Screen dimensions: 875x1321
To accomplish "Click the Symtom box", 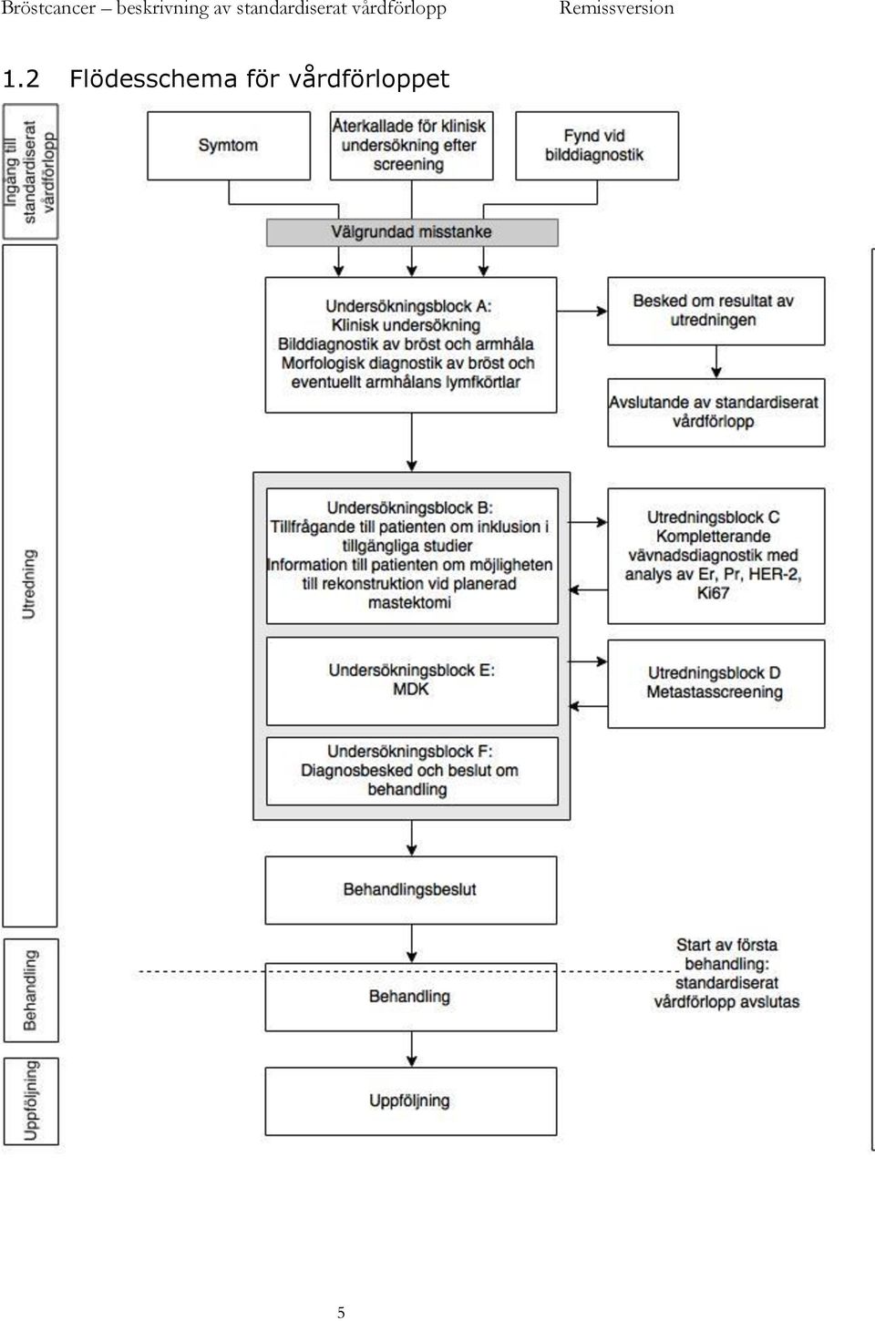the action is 229,146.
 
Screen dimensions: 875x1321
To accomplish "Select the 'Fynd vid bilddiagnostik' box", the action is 597,146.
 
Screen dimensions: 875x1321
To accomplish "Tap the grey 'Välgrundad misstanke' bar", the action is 412,232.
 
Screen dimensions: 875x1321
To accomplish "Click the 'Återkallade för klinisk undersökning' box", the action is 411,146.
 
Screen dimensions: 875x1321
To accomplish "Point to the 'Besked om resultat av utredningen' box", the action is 716,311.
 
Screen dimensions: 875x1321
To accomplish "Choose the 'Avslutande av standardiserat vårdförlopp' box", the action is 716,412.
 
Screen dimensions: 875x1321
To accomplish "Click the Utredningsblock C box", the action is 716,556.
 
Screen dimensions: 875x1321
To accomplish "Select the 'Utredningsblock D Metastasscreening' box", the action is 716,683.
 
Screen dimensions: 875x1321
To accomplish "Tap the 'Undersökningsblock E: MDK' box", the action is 412,681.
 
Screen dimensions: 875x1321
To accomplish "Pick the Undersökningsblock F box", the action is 412,771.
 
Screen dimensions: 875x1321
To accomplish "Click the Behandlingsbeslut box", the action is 411,890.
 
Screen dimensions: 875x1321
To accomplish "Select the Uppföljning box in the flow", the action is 411,1101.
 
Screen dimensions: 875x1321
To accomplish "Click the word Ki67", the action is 713,593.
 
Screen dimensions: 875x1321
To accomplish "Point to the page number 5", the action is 341,1312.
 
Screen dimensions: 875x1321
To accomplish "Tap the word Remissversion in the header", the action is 616,8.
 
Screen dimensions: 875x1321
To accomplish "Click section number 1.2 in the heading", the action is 21,79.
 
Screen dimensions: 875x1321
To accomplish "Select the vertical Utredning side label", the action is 29,584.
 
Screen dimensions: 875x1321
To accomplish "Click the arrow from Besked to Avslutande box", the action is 716,362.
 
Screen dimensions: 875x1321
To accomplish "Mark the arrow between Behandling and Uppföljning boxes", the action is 412,1050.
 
